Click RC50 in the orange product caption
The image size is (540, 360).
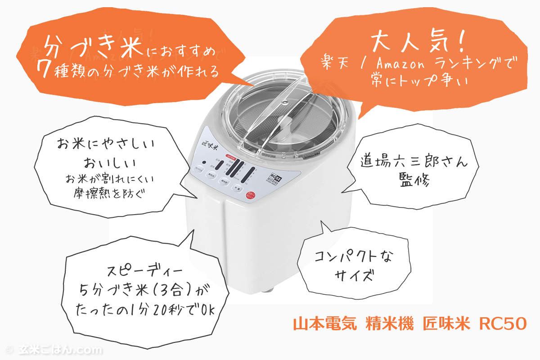coord(502,324)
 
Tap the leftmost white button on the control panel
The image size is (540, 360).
coord(198,170)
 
